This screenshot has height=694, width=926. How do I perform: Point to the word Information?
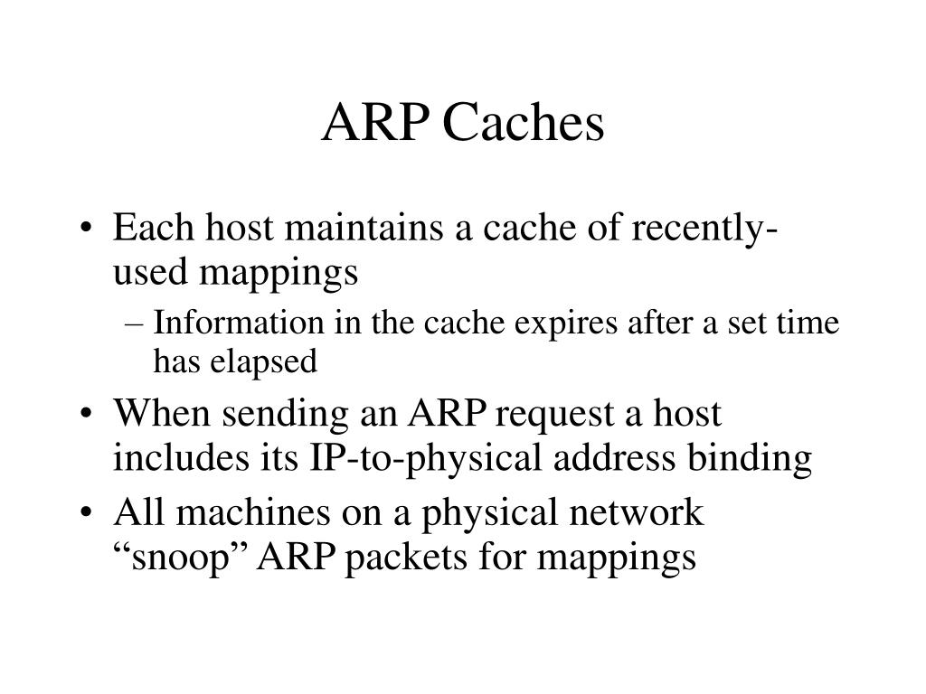pos(238,324)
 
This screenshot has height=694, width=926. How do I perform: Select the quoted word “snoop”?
pos(181,557)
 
